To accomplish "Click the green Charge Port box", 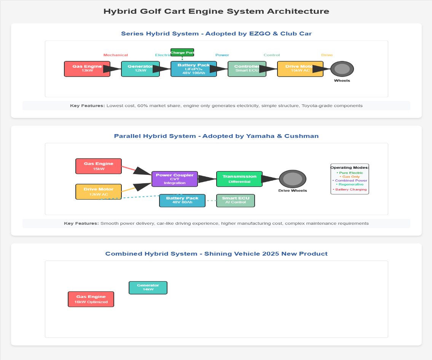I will pyautogui.click(x=182, y=52).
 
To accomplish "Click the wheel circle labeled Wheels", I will pyautogui.click(x=342, y=69).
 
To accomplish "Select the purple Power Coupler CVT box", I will pyautogui.click(x=175, y=179).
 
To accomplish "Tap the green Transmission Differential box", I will pyautogui.click(x=239, y=179).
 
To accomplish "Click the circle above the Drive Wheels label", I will pyautogui.click(x=293, y=179).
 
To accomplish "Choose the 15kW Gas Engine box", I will pyautogui.click(x=99, y=166).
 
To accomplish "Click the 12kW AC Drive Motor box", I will pyautogui.click(x=99, y=192).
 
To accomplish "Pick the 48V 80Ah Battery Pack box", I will pyautogui.click(x=182, y=200).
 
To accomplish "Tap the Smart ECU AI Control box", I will pyautogui.click(x=236, y=200).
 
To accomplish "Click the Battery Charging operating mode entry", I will pyautogui.click(x=350, y=189).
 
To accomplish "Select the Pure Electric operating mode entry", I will pyautogui.click(x=350, y=173).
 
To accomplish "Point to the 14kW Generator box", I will pyautogui.click(x=148, y=288).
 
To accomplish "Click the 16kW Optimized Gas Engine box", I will pyautogui.click(x=91, y=299).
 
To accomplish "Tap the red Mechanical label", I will pyautogui.click(x=116, y=55).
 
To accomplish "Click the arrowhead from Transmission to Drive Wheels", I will pyautogui.click(x=271, y=179).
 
